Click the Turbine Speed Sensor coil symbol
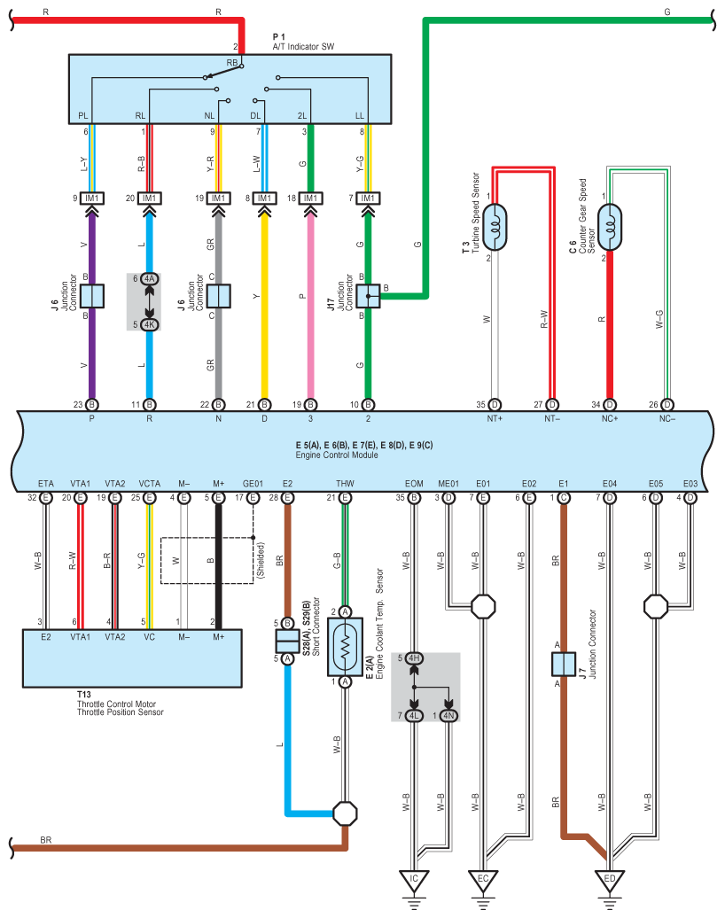point(495,227)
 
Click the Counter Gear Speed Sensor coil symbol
point(610,227)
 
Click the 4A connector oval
point(149,278)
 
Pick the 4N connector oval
point(448,715)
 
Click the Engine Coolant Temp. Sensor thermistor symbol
point(345,647)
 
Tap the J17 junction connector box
point(368,296)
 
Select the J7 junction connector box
point(564,664)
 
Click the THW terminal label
point(345,484)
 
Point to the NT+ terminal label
point(495,418)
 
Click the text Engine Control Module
point(337,455)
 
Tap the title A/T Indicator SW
point(303,47)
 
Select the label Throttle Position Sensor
point(120,712)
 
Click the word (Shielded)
point(261,561)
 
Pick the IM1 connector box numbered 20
point(149,198)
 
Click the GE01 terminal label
point(253,484)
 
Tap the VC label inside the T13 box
point(149,637)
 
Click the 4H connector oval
point(414,658)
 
